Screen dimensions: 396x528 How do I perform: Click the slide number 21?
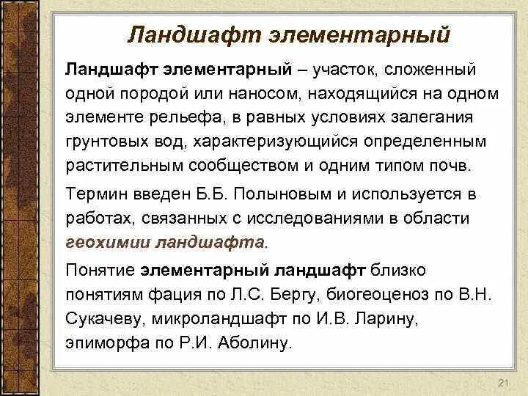pos(502,384)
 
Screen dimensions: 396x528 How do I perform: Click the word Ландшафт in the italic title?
pos(186,34)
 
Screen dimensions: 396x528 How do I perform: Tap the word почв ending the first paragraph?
pos(453,165)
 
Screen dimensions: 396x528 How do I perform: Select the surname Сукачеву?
pos(103,318)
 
